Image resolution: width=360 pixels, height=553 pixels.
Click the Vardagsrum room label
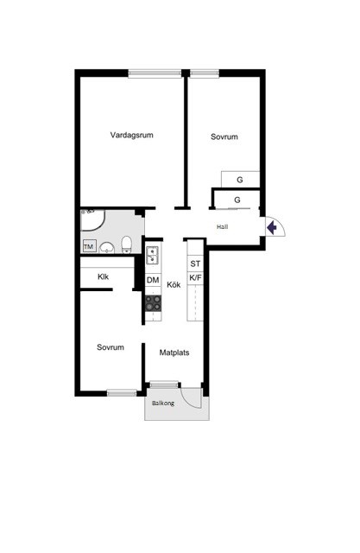[x=132, y=135]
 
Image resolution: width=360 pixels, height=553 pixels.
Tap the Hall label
[x=222, y=226]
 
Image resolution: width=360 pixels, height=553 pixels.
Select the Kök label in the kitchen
[x=174, y=284]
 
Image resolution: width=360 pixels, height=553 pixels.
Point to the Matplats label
[x=174, y=353]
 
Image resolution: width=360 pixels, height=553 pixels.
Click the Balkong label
[x=163, y=403]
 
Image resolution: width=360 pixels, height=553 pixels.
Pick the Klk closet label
[x=104, y=276]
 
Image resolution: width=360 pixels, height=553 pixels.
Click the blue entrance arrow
[x=272, y=227]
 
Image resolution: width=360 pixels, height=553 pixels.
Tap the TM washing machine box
[x=89, y=246]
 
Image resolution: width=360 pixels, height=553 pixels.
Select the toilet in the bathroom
[x=126, y=245]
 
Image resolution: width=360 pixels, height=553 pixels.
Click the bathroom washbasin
[x=107, y=248]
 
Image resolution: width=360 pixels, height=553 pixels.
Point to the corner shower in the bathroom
[x=92, y=220]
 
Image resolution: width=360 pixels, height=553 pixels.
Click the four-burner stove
[x=154, y=303]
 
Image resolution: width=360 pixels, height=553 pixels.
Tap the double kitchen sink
[x=153, y=255]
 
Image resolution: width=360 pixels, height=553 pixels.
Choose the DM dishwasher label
[x=153, y=280]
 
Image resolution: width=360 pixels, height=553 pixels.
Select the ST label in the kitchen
[x=195, y=264]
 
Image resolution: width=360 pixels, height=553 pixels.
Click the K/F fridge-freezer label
[x=195, y=278]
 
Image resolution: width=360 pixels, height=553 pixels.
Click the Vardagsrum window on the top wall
[x=155, y=73]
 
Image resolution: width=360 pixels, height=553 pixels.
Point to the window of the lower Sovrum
[x=122, y=392]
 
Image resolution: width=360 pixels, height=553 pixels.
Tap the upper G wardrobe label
[x=240, y=180]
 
